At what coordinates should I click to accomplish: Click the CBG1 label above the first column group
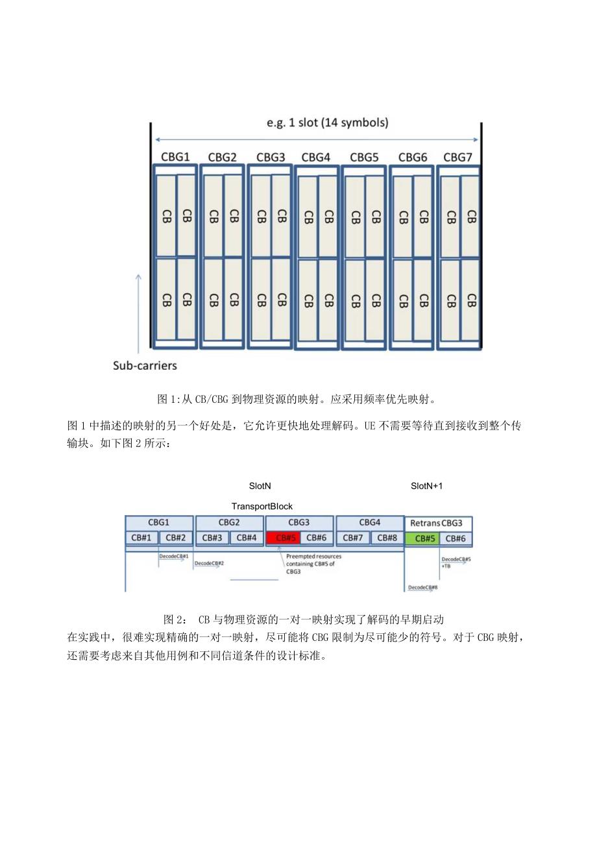[x=175, y=156]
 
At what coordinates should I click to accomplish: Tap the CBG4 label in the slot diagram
[x=316, y=156]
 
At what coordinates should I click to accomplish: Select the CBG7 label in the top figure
[x=457, y=156]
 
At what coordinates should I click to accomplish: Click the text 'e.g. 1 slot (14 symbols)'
[x=328, y=123]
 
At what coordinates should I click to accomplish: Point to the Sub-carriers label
[x=145, y=365]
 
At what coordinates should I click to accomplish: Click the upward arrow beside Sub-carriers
[x=138, y=311]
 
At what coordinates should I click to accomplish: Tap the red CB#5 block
[x=282, y=538]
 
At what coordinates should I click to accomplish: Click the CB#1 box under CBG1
[x=141, y=538]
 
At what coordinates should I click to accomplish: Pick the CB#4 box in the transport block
[x=247, y=538]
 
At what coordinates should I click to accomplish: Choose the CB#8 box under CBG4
[x=387, y=538]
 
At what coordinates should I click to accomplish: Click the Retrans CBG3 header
[x=436, y=523]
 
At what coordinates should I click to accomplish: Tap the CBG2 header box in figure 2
[x=229, y=522]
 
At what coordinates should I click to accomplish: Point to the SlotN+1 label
[x=427, y=485]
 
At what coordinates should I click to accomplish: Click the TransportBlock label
[x=262, y=506]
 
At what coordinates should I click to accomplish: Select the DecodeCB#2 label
[x=209, y=563]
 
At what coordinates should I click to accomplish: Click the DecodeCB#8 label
[x=423, y=587]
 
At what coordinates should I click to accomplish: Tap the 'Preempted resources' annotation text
[x=313, y=556]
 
